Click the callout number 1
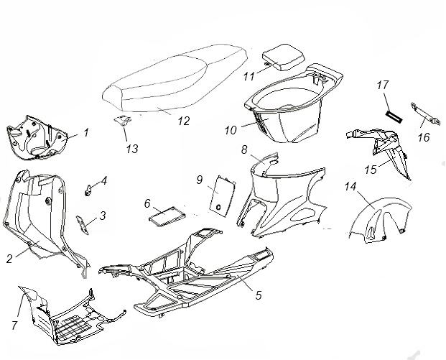pyautogui.click(x=85, y=132)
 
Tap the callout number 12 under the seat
pyautogui.click(x=183, y=121)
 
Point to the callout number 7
pyautogui.click(x=14, y=326)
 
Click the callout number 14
pyautogui.click(x=350, y=187)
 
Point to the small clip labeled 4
pyautogui.click(x=90, y=190)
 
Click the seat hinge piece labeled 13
pyautogui.click(x=124, y=122)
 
